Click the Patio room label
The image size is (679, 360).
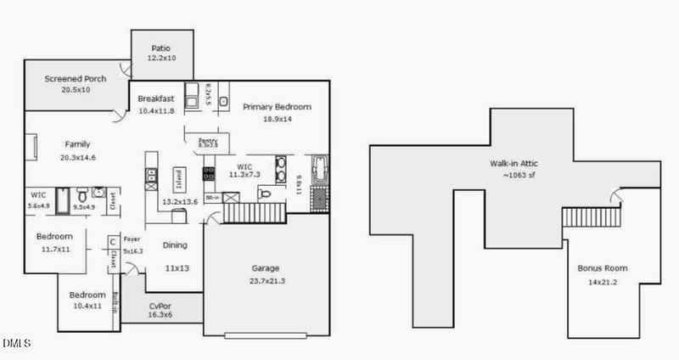[x=161, y=48]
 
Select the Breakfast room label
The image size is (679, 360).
[x=155, y=99]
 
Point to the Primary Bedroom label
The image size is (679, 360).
[x=277, y=107]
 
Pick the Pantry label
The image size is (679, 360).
[x=208, y=141]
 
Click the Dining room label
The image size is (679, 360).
[x=175, y=245]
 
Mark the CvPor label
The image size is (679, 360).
[x=161, y=306]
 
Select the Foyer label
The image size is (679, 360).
[x=132, y=239]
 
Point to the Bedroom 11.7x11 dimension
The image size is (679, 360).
[x=54, y=250]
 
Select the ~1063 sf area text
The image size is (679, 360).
[x=513, y=175]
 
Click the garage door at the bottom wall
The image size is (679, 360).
[x=266, y=335]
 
